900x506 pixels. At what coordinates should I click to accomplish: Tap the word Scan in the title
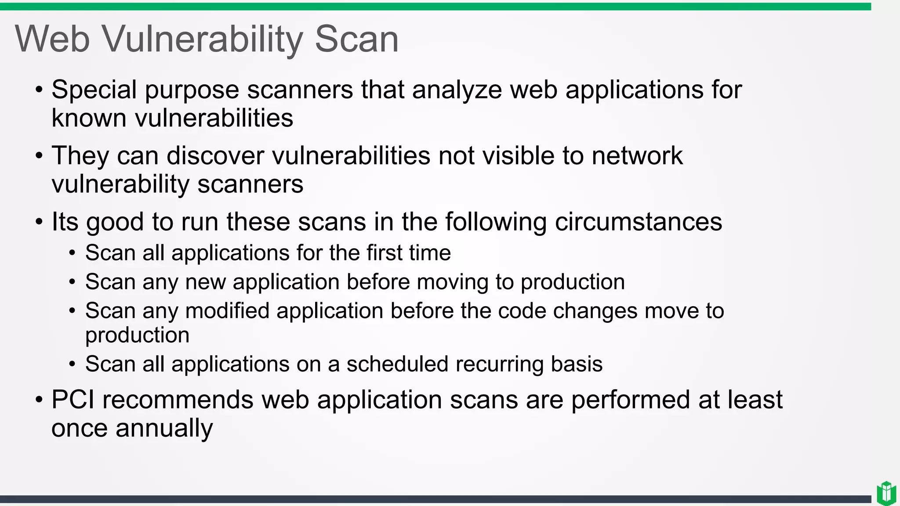pos(356,40)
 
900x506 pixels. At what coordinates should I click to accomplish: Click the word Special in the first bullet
pos(94,90)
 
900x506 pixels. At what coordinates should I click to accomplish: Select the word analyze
pos(457,90)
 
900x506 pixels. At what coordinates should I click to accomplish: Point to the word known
pos(89,119)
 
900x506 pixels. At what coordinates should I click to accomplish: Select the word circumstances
pos(638,222)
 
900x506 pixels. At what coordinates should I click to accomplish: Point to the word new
pos(205,282)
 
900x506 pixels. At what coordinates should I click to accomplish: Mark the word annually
pos(164,428)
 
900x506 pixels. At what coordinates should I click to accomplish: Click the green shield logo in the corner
pos(886,493)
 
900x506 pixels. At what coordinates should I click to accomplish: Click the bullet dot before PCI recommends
pos(39,401)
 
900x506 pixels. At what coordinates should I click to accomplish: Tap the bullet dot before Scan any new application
pos(73,282)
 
